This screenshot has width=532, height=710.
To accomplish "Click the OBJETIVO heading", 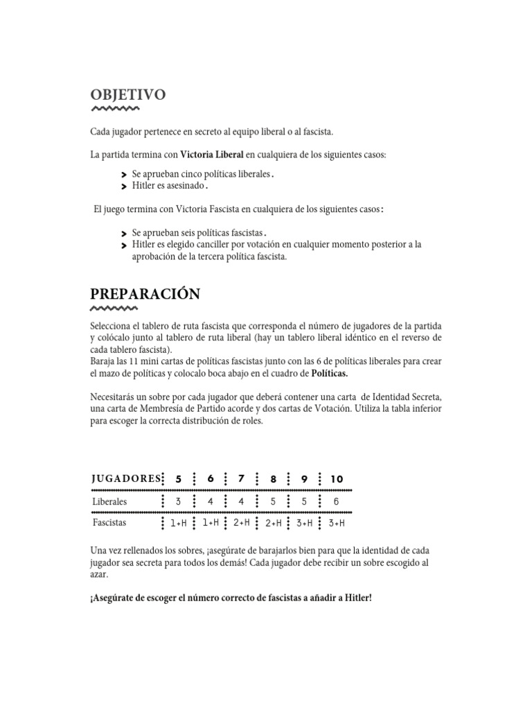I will pyautogui.click(x=127, y=95).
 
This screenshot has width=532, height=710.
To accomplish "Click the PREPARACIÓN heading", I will pyautogui.click(x=145, y=294).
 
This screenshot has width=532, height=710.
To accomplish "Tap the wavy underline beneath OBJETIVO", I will pyautogui.click(x=115, y=110).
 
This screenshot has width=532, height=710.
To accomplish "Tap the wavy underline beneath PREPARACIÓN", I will pyautogui.click(x=115, y=309).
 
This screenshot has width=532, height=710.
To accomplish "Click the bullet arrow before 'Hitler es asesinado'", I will pyautogui.click(x=123, y=187).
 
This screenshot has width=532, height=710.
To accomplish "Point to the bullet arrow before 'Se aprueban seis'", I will pyautogui.click(x=123, y=234).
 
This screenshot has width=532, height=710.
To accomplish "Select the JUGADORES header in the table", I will pyautogui.click(x=124, y=479).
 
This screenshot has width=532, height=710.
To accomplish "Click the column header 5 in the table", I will pyautogui.click(x=179, y=479).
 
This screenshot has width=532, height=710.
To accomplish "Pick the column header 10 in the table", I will pyautogui.click(x=337, y=479).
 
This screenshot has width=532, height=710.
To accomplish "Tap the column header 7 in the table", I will pyautogui.click(x=242, y=479).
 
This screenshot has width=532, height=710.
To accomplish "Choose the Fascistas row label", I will pyautogui.click(x=110, y=523).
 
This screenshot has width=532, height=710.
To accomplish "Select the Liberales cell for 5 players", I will pyautogui.click(x=179, y=501).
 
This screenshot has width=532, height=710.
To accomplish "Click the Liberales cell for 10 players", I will pyautogui.click(x=337, y=501).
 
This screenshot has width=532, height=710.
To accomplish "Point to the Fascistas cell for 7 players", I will pyautogui.click(x=242, y=523).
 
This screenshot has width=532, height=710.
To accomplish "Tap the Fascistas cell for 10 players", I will pyautogui.click(x=337, y=523).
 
